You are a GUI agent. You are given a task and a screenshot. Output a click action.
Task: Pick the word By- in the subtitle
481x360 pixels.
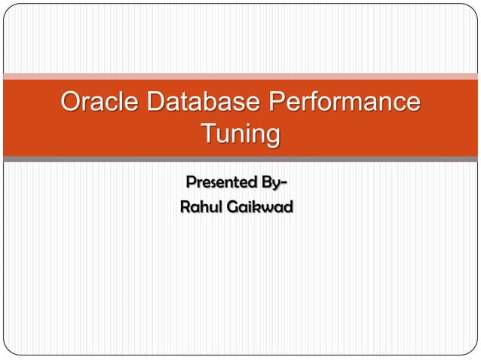[x=271, y=183]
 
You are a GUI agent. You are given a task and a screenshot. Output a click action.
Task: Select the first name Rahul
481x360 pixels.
[x=201, y=206]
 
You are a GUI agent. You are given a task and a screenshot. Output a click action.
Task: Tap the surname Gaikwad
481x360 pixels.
[x=261, y=206]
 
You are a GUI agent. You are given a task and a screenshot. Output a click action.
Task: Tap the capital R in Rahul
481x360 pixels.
[x=185, y=206]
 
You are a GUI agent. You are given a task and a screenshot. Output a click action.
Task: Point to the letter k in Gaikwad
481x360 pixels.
[x=257, y=206]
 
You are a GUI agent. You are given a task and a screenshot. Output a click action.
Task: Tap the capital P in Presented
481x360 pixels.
[x=190, y=183]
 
